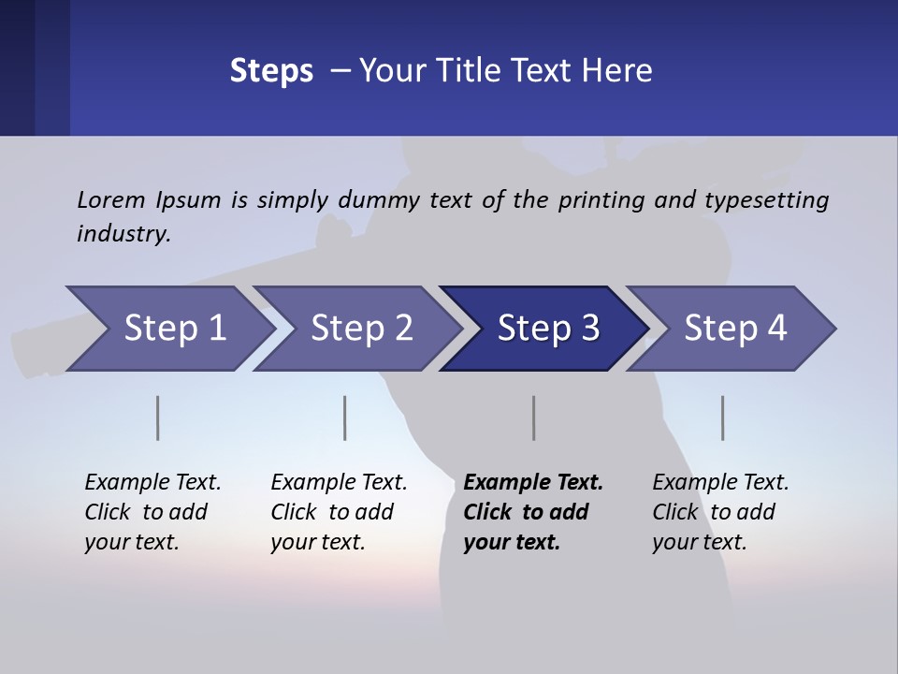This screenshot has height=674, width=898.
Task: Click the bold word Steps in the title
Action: pos(271,70)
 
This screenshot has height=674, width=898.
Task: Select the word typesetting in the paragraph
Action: pos(766,199)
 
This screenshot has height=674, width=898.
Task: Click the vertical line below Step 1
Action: pos(157,418)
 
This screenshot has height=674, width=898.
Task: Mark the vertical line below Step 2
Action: pos(344,418)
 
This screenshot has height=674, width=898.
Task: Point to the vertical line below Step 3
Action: pos(533,418)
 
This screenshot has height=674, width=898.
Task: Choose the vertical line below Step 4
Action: pos(722,418)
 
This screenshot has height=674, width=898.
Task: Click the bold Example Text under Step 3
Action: pos(533,482)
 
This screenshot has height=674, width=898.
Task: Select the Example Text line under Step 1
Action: pos(152,482)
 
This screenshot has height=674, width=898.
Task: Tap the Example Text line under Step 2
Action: pos(339,482)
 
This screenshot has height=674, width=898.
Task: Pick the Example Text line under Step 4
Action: pos(720,482)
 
